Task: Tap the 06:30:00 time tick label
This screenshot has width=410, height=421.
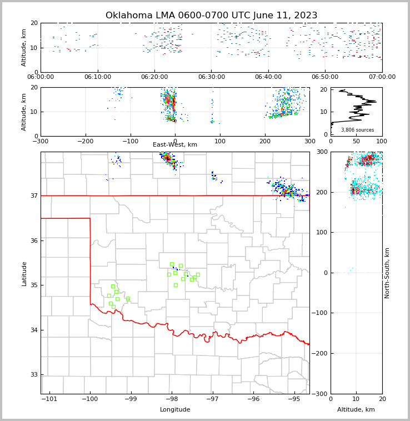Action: click(x=212, y=77)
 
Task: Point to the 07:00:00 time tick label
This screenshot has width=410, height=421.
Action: click(x=382, y=77)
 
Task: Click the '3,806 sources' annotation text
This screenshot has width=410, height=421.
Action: click(x=357, y=130)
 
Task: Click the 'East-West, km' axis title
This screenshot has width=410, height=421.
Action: click(x=175, y=145)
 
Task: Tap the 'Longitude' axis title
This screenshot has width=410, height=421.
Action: click(x=175, y=410)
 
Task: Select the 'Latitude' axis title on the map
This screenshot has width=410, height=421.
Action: click(x=24, y=273)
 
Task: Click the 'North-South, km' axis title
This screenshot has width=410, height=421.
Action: click(x=387, y=273)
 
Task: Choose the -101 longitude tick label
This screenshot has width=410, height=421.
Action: click(x=49, y=399)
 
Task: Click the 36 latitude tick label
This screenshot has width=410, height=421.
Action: click(x=33, y=240)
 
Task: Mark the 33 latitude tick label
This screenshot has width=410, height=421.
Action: click(x=33, y=375)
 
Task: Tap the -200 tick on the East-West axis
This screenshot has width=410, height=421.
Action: click(x=85, y=141)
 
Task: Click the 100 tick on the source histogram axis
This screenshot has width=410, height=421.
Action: click(x=382, y=141)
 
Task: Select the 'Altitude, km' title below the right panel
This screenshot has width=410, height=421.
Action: click(x=356, y=410)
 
